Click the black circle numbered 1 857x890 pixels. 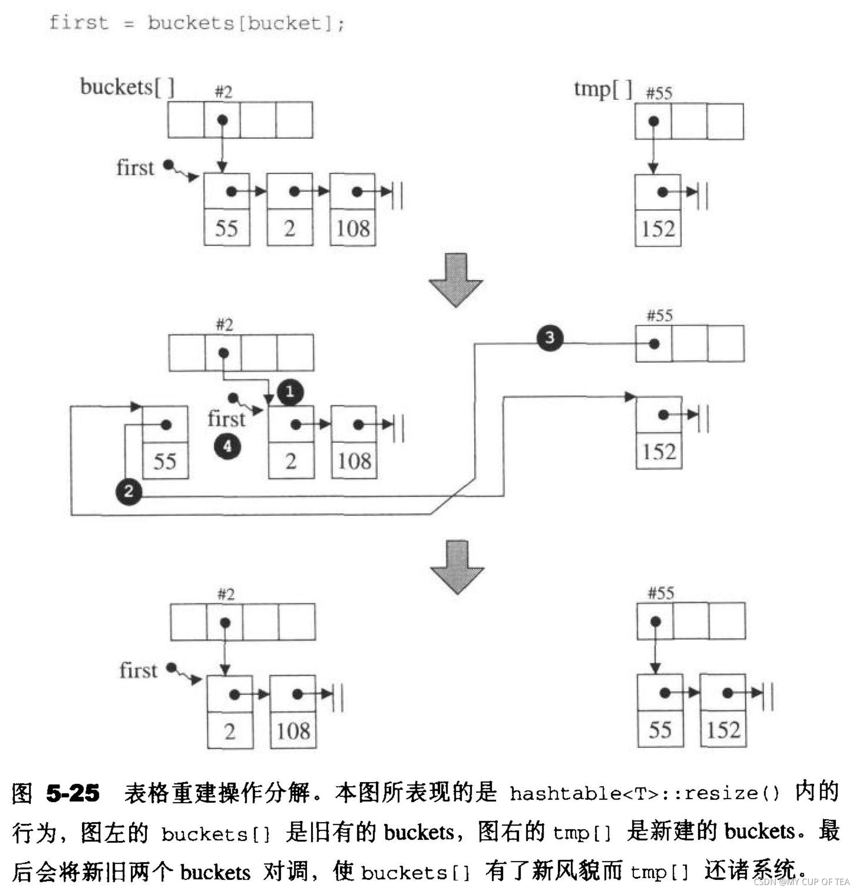290,392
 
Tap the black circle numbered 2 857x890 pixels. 128,491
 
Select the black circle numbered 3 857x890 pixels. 550,337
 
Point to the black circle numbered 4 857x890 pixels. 228,446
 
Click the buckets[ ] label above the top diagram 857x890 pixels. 127,87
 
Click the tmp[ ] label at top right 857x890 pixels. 603,89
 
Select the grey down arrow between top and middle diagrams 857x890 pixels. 456,280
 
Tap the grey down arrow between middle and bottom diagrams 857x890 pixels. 457,567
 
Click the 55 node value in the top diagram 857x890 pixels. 227,228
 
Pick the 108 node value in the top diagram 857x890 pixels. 353,228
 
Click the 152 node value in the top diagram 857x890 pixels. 658,229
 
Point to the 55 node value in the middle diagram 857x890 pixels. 165,461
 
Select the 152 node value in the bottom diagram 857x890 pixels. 723,730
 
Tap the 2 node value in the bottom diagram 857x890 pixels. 230,731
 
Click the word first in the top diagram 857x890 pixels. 135,168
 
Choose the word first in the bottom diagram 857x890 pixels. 138,671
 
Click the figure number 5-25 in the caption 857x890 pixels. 73,793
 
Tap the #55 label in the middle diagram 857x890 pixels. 660,315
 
